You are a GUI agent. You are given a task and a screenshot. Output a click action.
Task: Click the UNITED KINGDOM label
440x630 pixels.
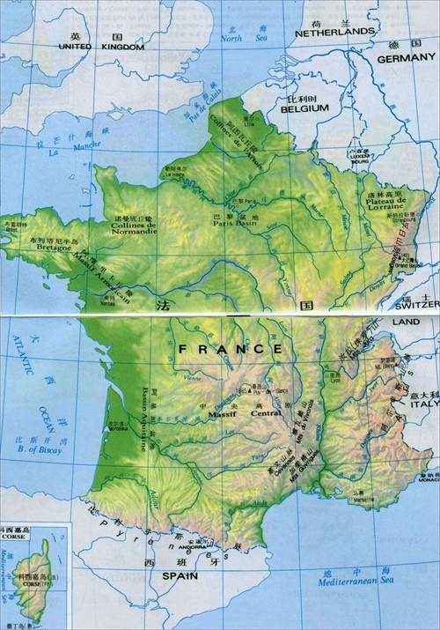click(x=101, y=47)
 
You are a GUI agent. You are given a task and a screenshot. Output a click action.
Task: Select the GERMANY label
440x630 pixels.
click(x=406, y=58)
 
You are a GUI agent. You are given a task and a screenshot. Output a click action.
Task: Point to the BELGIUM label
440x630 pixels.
click(x=304, y=107)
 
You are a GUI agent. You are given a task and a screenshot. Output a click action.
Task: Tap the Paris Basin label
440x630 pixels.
click(x=236, y=223)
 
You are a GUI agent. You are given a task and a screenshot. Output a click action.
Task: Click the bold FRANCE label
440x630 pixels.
click(x=231, y=349)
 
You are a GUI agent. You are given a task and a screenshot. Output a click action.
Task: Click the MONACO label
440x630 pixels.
click(x=425, y=479)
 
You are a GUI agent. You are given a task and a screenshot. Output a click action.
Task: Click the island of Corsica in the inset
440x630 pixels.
click(x=35, y=574)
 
